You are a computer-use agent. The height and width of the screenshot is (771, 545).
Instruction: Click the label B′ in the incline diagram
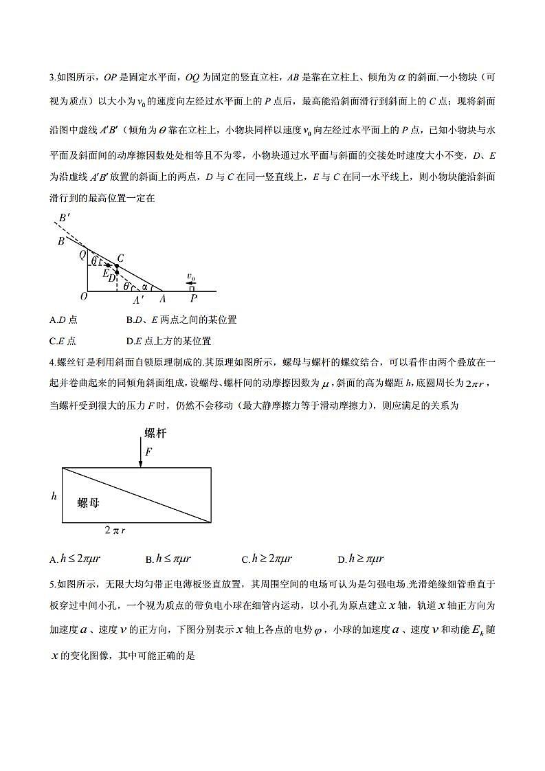64,219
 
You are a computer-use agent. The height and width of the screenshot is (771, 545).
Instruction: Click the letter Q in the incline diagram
82,254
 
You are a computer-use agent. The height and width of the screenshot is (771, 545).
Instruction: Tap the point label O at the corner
83,297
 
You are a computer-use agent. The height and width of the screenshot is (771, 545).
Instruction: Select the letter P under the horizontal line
194,299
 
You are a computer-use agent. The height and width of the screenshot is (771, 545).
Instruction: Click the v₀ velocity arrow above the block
190,281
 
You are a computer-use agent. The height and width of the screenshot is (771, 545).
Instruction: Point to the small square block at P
192,289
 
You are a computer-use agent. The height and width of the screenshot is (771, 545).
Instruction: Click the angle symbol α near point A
145,287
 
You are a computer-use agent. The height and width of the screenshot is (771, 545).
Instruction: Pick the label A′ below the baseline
139,300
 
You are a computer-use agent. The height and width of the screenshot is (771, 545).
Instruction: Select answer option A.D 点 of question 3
63,320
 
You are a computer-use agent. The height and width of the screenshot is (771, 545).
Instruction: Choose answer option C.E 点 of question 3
63,341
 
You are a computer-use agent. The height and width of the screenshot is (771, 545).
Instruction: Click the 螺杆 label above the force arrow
155,433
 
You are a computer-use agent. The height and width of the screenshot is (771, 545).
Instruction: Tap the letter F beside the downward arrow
148,451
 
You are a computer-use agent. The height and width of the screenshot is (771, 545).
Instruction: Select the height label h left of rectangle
54,495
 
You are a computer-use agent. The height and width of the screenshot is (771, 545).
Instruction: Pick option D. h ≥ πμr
360,559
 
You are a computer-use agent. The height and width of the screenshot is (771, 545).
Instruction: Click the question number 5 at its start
52,585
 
